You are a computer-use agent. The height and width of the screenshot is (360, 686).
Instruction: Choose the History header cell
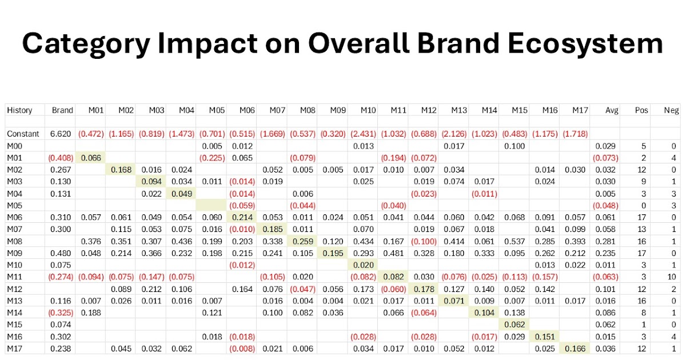(20, 110)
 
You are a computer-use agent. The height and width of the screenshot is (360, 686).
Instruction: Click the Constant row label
(23, 134)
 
